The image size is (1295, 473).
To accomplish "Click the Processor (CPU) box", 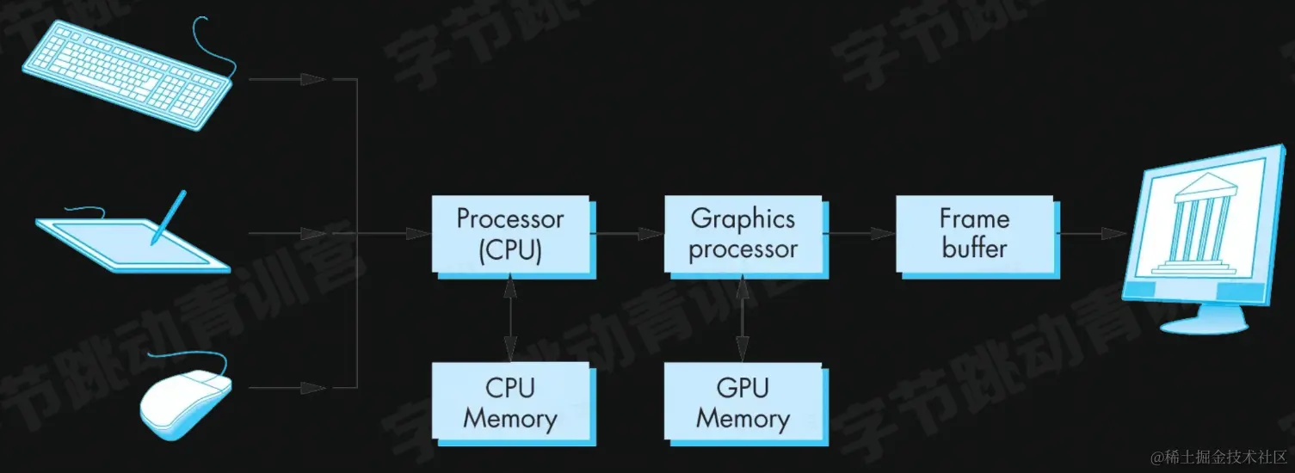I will (x=510, y=233).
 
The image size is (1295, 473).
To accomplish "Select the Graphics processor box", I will (x=743, y=233).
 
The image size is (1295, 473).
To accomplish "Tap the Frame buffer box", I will (x=974, y=233).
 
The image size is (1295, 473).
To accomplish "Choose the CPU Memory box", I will (x=510, y=402).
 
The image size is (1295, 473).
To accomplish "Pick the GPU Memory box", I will (x=743, y=402).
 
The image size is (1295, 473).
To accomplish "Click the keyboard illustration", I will (x=126, y=73).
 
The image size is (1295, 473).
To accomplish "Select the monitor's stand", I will (x=1205, y=319).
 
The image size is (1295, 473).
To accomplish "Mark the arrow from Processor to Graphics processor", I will (x=627, y=233).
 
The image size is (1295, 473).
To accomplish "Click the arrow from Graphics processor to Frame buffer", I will (x=860, y=233).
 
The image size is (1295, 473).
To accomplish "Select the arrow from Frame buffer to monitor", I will (x=1091, y=233).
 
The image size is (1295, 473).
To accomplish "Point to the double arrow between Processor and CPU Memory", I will (x=510, y=317).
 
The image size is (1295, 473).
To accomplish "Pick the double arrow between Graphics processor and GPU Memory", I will (x=743, y=317).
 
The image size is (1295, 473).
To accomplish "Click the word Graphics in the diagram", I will (x=743, y=218).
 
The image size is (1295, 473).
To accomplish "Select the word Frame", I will (x=974, y=218).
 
